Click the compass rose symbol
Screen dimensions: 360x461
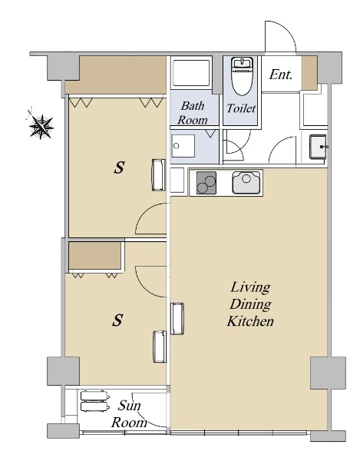(x=41, y=127)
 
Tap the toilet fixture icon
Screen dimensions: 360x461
(x=243, y=76)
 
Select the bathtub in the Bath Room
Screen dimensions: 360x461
(x=191, y=73)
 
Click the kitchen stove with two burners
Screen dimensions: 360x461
(x=206, y=183)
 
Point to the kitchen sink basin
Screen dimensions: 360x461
(x=246, y=182)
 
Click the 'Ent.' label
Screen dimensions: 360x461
(x=281, y=75)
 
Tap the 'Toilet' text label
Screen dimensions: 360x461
(x=241, y=108)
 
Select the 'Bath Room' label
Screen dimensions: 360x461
(x=193, y=113)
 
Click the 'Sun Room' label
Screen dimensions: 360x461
(x=129, y=414)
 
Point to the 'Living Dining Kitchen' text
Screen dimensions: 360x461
(x=250, y=304)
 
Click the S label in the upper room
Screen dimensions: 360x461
(x=119, y=167)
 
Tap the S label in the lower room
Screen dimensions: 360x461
(x=117, y=320)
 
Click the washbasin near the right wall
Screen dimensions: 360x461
(x=318, y=147)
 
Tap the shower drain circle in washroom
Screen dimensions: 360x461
(x=177, y=146)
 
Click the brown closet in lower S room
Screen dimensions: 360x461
(x=95, y=255)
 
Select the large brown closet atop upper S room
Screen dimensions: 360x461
(x=116, y=75)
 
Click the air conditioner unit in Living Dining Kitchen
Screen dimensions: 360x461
(x=177, y=319)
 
